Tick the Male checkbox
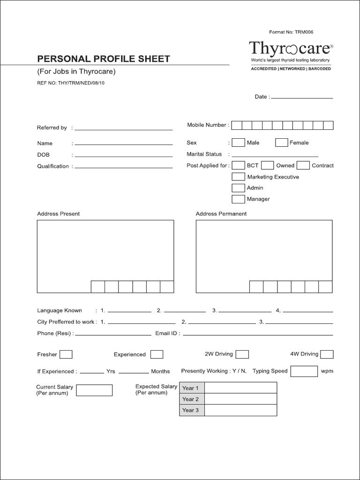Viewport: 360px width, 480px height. tap(239, 142)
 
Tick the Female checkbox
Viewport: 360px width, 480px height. tap(281, 142)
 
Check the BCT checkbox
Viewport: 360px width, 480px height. tap(239, 165)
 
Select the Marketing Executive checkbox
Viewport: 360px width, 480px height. tap(239, 177)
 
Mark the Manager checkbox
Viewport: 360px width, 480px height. tap(239, 199)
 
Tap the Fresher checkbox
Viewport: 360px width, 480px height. tap(66, 354)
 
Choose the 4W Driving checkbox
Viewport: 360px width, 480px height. tap(327, 354)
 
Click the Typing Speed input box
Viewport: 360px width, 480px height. tap(304, 371)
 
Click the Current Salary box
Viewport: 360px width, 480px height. tap(94, 390)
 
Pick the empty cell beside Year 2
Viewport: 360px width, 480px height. tap(240, 399)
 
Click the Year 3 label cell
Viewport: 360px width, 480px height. tap(191, 410)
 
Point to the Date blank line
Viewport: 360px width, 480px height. tap(302, 97)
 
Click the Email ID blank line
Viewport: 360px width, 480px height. tap(257, 335)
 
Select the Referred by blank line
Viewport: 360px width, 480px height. tap(124, 129)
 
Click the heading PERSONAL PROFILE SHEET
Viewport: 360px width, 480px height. tap(104, 59)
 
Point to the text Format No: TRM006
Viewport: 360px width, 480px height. tap(291, 32)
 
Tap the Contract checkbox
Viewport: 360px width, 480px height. tap(303, 165)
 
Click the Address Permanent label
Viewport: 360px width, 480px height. tap(221, 214)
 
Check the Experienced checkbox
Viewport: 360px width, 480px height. tap(157, 354)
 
